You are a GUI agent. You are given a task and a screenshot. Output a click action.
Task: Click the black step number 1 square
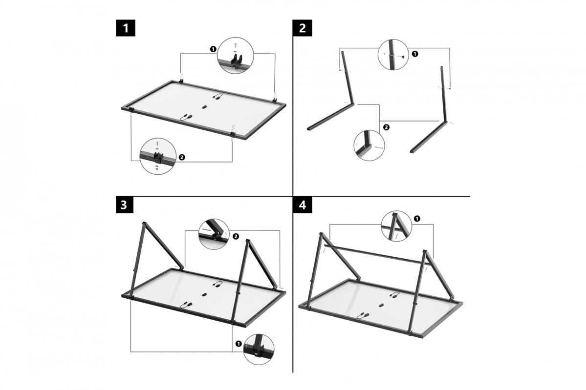[126, 28]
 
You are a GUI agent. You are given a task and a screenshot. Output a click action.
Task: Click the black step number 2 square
[302, 28]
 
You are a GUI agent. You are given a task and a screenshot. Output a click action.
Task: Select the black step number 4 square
[302, 205]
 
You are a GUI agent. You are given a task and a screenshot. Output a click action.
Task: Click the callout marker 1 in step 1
[213, 49]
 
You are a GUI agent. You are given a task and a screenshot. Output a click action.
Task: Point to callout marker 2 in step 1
[182, 157]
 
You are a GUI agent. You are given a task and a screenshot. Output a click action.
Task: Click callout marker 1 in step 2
[415, 54]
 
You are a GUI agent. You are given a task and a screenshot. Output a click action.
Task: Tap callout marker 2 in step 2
[386, 127]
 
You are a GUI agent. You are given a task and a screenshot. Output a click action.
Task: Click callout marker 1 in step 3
[239, 344]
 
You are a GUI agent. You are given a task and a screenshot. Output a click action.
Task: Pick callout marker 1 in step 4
[416, 218]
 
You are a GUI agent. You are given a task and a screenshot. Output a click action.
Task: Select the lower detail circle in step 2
[369, 145]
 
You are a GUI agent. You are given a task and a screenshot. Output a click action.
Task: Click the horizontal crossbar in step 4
[376, 254]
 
